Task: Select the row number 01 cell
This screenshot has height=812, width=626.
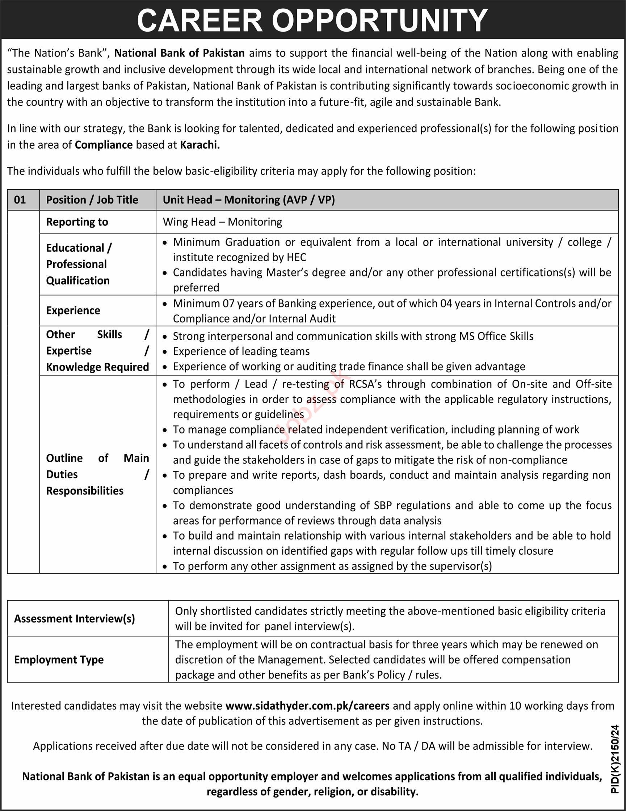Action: click(20, 200)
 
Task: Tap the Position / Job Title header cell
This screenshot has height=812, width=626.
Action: click(92, 200)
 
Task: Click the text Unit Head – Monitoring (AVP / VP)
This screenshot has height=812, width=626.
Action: click(248, 200)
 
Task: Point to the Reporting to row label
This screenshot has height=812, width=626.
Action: click(77, 222)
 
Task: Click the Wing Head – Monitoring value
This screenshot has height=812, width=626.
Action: click(222, 222)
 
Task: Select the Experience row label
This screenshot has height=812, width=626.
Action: click(73, 310)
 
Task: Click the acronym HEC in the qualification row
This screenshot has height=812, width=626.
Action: click(297, 257)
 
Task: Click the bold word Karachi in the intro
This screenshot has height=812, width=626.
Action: click(200, 145)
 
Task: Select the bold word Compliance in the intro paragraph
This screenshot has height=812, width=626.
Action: click(104, 145)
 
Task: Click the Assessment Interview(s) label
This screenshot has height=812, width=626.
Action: click(74, 619)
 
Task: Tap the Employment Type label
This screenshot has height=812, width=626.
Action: click(59, 660)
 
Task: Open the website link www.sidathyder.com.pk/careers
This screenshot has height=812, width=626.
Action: click(307, 705)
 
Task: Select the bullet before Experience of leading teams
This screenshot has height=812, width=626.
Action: click(165, 352)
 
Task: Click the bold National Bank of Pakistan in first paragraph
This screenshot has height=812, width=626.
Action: click(179, 53)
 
